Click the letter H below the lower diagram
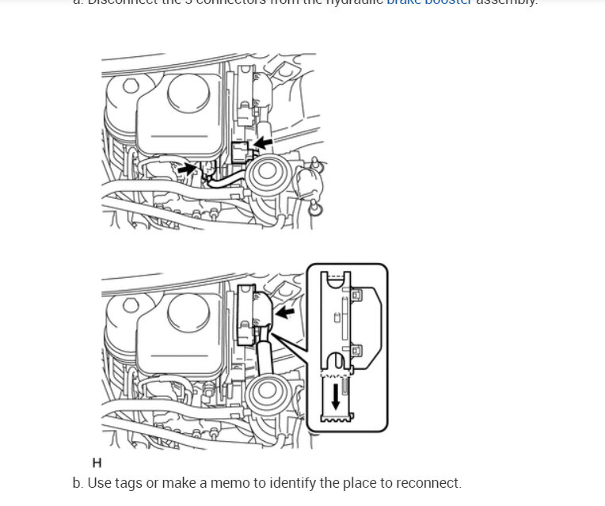click(x=97, y=462)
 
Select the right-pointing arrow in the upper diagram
click(x=188, y=168)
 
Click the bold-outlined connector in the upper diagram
click(x=242, y=150)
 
